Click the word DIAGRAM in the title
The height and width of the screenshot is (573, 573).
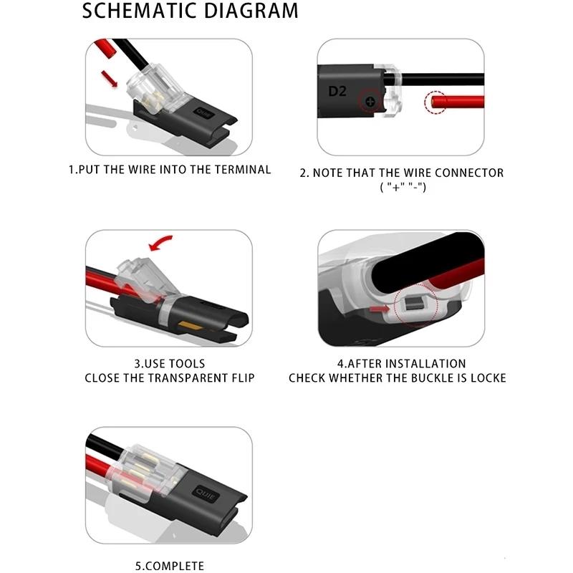tap(248, 11)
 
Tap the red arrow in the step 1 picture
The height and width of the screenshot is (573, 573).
tap(109, 77)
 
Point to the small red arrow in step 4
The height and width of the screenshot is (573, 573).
tap(377, 309)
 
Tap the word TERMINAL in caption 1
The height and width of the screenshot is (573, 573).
tap(243, 170)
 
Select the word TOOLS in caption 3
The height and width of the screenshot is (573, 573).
tap(184, 364)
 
